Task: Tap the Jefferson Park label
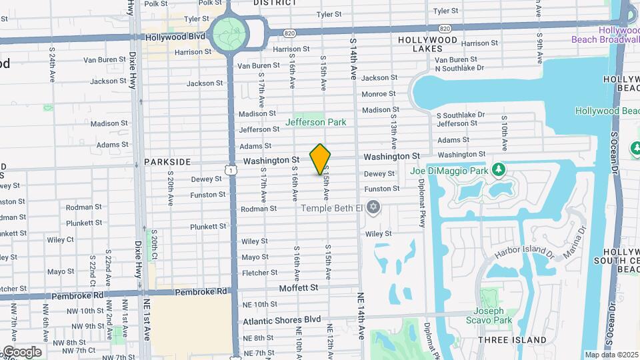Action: tap(316, 123)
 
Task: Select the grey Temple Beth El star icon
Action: tap(373, 207)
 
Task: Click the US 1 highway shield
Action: tap(231, 171)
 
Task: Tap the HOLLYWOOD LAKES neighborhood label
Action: tap(427, 45)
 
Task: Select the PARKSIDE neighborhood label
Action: tap(167, 162)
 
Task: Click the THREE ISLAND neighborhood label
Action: tap(512, 340)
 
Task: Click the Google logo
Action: tap(21, 351)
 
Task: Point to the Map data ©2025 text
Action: tap(611, 355)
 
